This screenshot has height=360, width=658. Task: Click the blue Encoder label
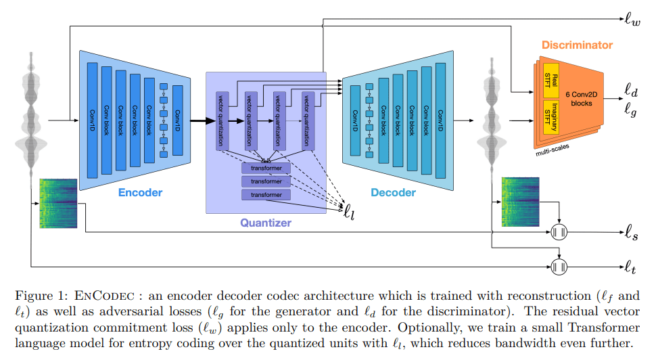pyautogui.click(x=140, y=193)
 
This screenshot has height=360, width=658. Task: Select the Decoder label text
pyautogui.click(x=393, y=193)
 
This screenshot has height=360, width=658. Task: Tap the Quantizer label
pyautogui.click(x=266, y=223)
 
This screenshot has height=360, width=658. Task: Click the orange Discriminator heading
pyautogui.click(x=577, y=45)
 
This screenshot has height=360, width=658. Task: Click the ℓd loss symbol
pyautogui.click(x=630, y=89)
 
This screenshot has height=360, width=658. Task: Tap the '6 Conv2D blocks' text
pyautogui.click(x=579, y=98)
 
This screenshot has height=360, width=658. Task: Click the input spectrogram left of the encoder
pyautogui.click(x=59, y=203)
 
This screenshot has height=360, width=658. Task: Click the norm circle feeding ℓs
pyautogui.click(x=559, y=233)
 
